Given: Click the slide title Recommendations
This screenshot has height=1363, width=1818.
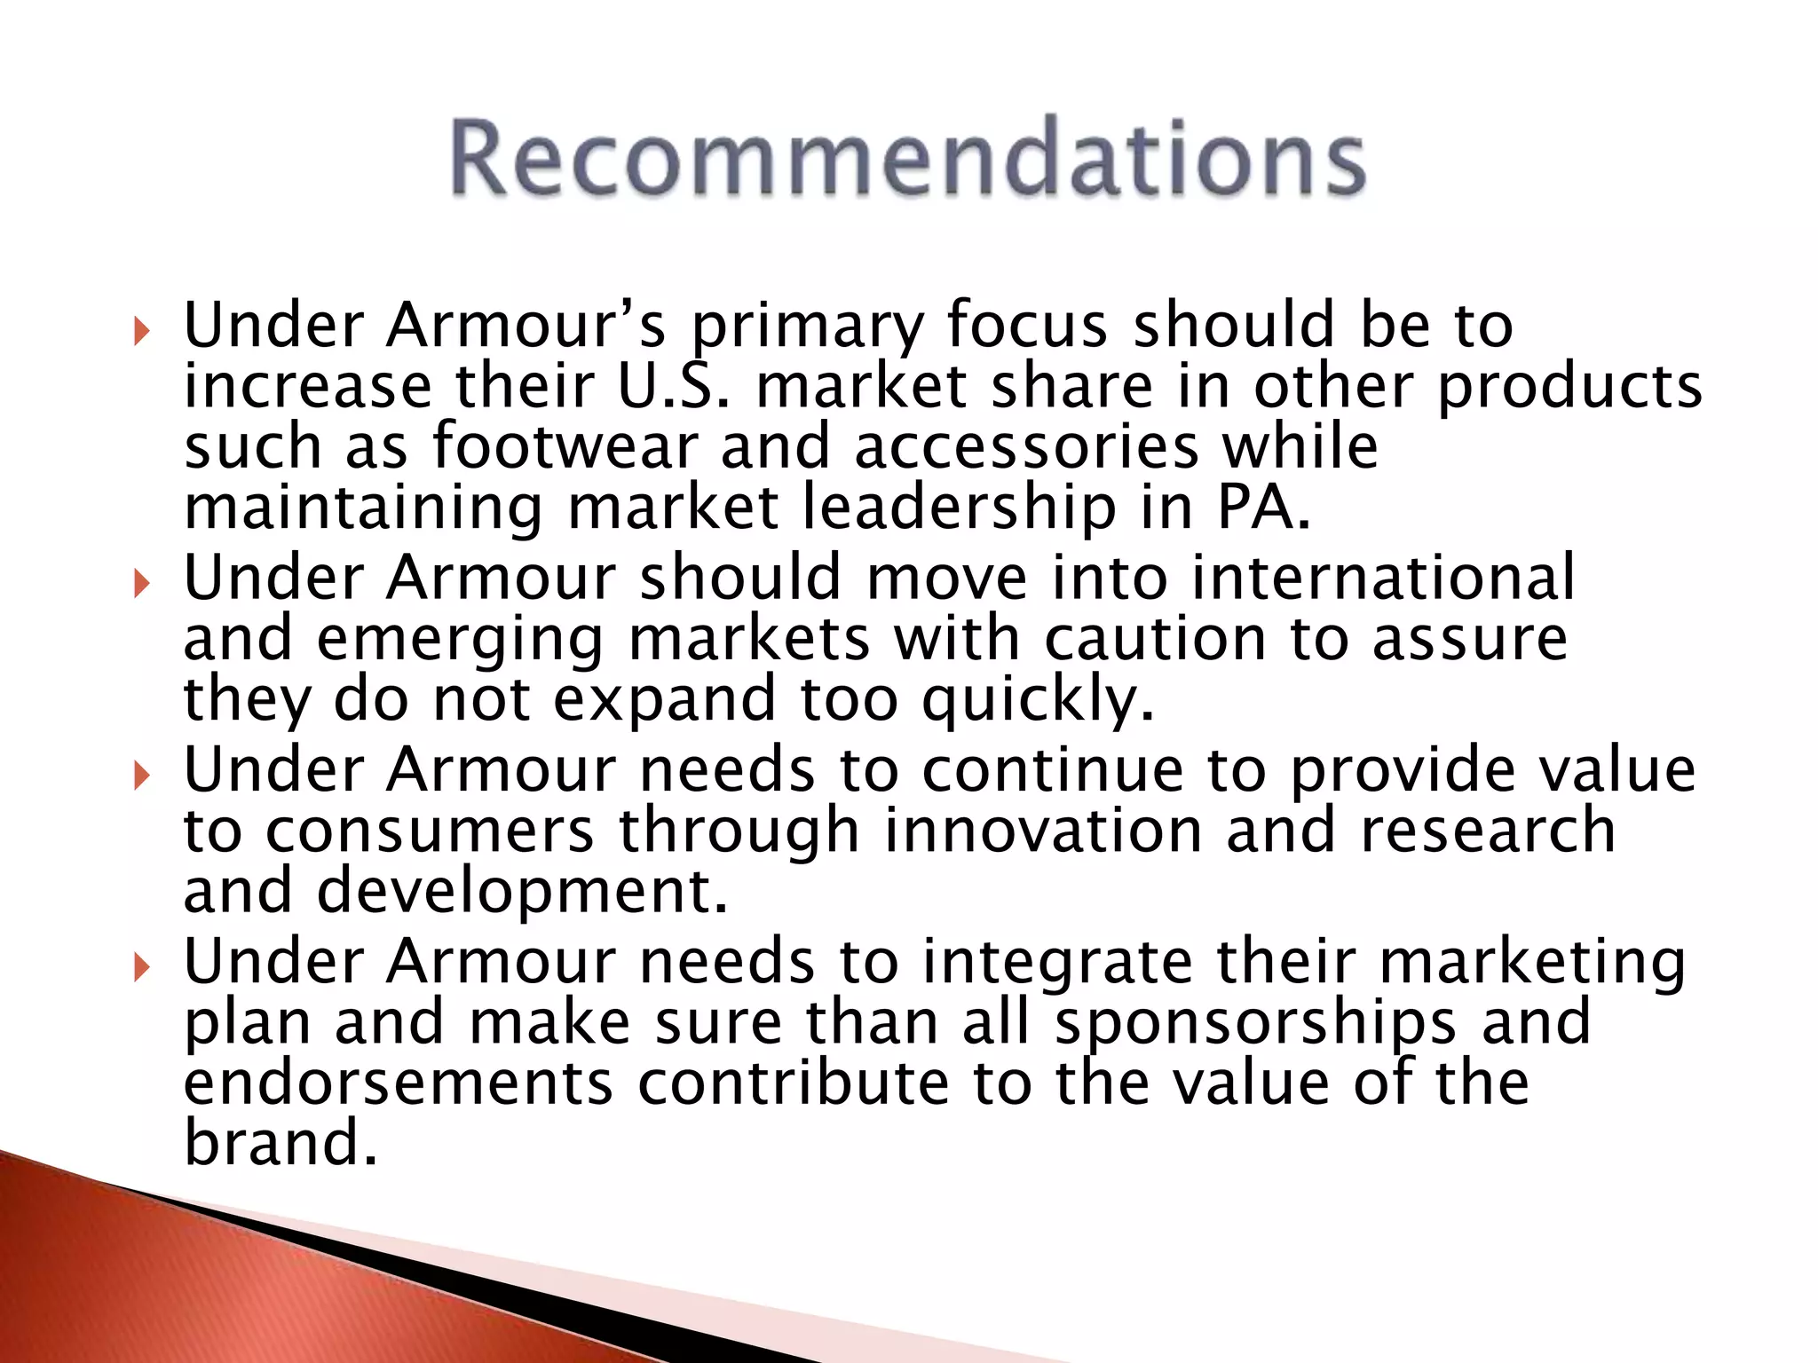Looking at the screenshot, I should coord(907,158).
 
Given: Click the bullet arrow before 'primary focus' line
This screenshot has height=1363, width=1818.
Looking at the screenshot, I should coord(141,333).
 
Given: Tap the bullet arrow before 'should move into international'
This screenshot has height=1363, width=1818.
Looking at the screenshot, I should coord(141,585).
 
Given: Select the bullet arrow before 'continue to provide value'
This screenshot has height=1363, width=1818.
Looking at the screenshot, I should coord(141,776).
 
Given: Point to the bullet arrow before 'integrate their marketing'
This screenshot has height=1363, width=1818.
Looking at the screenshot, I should coord(141,968).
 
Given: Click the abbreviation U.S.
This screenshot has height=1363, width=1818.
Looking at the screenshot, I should coord(674,387).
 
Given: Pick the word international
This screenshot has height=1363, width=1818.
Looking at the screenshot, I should coord(1382,578).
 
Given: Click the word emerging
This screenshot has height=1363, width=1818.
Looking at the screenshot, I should coord(460,641).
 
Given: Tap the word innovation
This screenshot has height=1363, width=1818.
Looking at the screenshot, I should coord(1043,831).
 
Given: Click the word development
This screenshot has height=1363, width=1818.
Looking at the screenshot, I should coord(522,892).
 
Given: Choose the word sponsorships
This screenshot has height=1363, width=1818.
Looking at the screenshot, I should coord(1255,1024).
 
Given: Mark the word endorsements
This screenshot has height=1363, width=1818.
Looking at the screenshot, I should coord(399,1083).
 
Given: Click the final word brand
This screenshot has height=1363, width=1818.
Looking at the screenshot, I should coord(281,1143).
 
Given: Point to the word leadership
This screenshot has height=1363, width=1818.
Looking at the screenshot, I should coord(959,508).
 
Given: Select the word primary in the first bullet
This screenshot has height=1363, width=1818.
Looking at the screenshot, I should coord(807,327).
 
